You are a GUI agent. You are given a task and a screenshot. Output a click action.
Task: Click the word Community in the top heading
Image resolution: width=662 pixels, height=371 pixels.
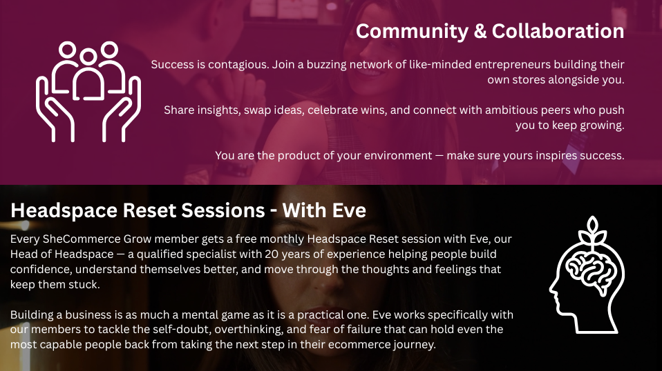click(412, 32)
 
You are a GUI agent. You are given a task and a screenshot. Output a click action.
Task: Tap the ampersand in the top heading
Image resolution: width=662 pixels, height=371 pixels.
click(480, 32)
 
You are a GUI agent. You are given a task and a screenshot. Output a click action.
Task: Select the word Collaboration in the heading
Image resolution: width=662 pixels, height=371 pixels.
click(558, 31)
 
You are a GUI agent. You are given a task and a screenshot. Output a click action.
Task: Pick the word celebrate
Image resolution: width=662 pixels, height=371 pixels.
click(332, 110)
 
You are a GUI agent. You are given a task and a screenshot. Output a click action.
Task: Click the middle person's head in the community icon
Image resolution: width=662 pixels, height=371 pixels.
click(88, 57)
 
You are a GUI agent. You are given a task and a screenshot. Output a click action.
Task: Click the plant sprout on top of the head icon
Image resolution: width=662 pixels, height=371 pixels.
click(593, 231)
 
